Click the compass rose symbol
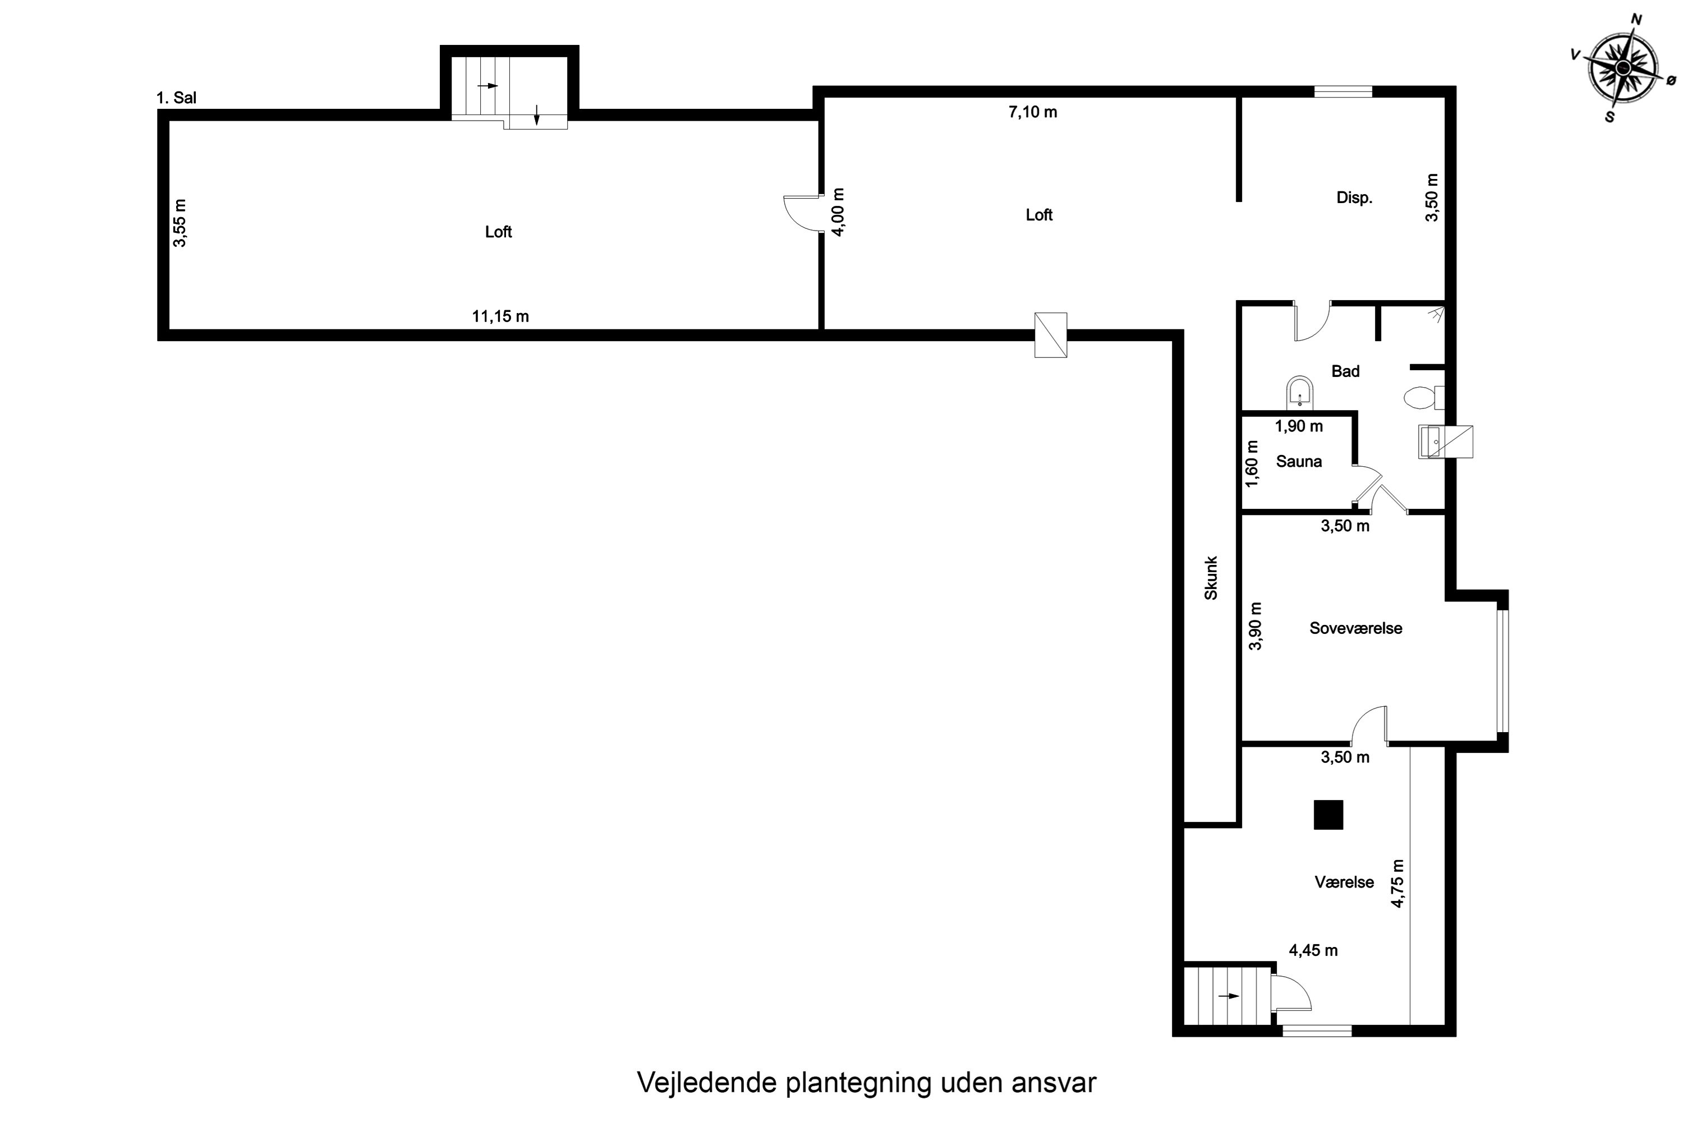click(x=1622, y=67)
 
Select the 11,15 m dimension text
click(x=500, y=316)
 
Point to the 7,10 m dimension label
click(x=1033, y=112)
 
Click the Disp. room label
click(x=1354, y=198)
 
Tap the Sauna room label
click(x=1298, y=462)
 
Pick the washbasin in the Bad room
click(x=1299, y=392)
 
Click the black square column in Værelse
click(x=1328, y=815)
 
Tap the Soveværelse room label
click(x=1355, y=628)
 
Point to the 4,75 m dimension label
click(x=1397, y=883)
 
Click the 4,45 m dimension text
click(x=1313, y=950)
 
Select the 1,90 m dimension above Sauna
click(x=1299, y=426)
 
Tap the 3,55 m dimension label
click(x=180, y=223)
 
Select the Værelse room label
click(x=1344, y=882)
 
